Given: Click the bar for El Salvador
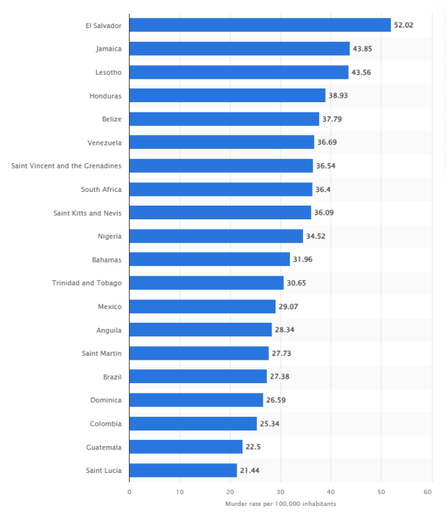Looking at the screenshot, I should [260, 25].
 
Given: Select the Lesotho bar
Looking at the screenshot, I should [239, 72].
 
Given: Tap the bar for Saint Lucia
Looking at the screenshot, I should [183, 470].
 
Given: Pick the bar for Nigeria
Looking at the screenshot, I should [216, 236].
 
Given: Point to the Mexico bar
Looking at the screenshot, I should [202, 306].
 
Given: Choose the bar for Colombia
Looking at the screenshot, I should [193, 424].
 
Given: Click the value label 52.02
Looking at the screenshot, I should [403, 25].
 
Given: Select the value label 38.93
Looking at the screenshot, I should [338, 95].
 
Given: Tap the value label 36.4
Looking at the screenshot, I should [324, 189].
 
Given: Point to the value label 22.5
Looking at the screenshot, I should [254, 447].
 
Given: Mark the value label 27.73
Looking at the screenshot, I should [281, 354].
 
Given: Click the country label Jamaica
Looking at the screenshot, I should [109, 49].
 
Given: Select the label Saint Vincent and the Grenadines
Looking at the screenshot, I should [67, 166].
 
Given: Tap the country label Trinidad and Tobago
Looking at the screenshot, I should [86, 283].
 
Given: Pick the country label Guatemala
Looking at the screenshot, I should [105, 447].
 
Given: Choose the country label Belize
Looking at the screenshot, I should [112, 119].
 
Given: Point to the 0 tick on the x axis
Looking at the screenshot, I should [129, 491].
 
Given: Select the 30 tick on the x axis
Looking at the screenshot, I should [280, 491].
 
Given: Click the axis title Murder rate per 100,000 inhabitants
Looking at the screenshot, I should [280, 504].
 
